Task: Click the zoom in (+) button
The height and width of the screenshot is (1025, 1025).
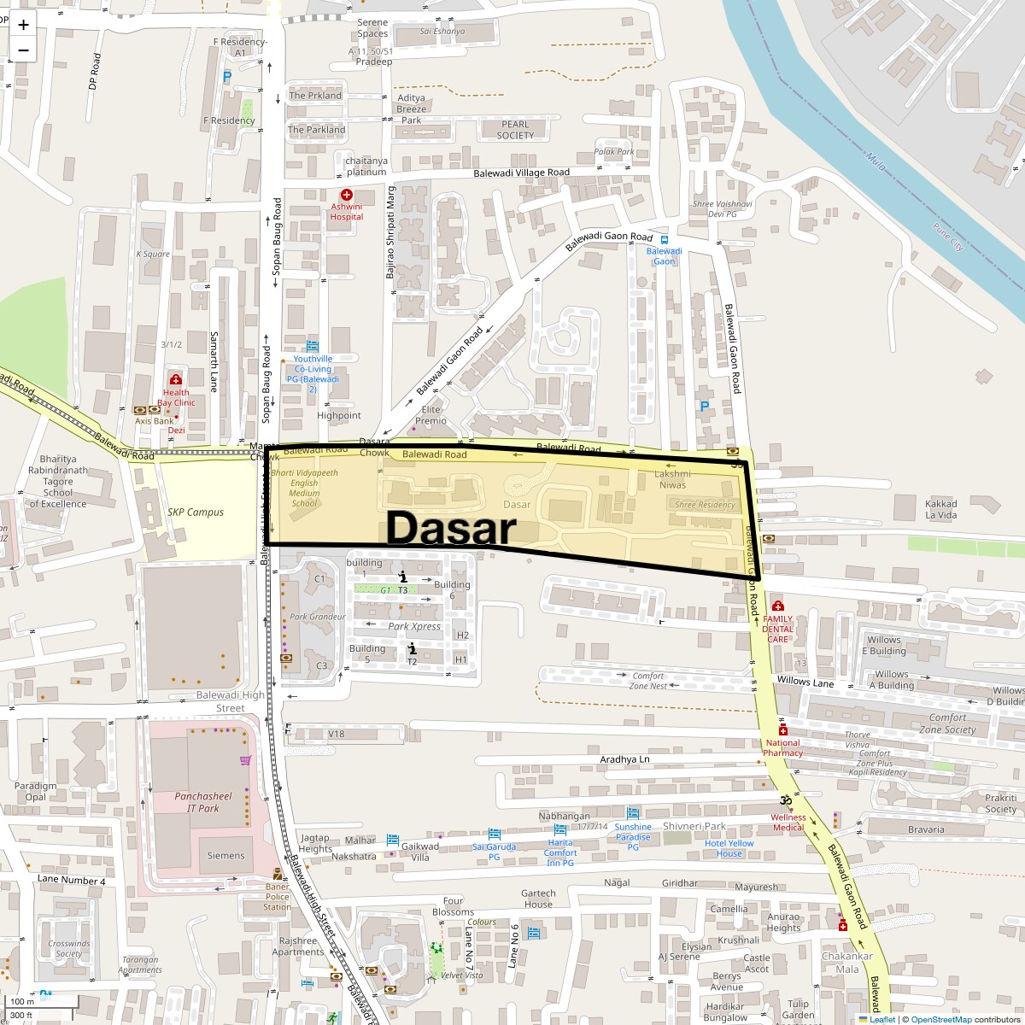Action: (23, 25)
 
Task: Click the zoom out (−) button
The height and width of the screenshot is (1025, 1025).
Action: (23, 50)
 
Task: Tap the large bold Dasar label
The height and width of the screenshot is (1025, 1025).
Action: (450, 528)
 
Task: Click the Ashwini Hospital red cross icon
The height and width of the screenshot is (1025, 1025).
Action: (347, 196)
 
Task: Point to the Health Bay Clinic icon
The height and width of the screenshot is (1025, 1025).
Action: (176, 380)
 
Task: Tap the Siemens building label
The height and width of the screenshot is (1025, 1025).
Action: (225, 855)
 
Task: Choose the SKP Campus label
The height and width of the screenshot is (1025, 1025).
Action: (196, 512)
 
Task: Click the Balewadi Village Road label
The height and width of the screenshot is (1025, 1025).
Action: (521, 173)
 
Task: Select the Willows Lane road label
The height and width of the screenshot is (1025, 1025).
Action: (805, 682)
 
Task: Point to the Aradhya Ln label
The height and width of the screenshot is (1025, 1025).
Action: (625, 758)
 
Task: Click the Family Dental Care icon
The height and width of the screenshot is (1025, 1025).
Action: (777, 606)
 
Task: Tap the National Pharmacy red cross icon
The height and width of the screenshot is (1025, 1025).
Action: (782, 732)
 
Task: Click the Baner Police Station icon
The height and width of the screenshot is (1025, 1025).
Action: (277, 874)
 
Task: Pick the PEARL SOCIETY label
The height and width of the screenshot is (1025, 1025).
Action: (515, 130)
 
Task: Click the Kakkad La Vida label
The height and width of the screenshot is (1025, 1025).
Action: (941, 509)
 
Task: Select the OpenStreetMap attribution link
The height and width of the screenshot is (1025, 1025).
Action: (940, 1019)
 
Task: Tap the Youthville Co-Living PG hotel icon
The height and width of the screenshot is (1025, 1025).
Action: (312, 346)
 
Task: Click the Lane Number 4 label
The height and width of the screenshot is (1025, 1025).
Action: (72, 880)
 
